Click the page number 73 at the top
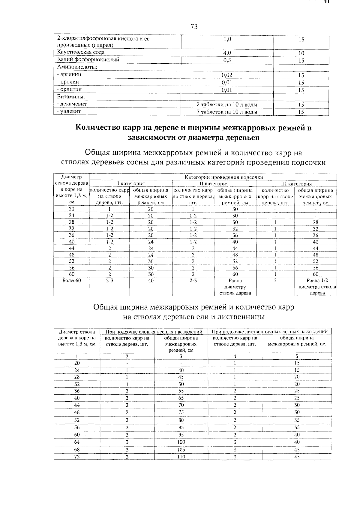point(194,27)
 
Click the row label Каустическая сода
point(81,52)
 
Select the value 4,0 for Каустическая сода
point(227,53)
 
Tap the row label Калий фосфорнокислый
point(88,59)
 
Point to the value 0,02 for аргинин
point(227,75)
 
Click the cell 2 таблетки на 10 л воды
point(227,105)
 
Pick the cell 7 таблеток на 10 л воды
point(227,112)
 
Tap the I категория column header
point(131,183)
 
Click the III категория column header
point(296,184)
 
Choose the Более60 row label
point(72,281)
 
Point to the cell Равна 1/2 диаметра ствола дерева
point(317,287)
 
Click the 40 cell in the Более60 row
point(151,281)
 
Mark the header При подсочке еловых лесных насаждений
point(154,332)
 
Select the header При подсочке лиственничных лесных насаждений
point(269,332)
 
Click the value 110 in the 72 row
point(181,457)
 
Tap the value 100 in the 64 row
point(181,442)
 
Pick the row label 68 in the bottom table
point(77,449)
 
